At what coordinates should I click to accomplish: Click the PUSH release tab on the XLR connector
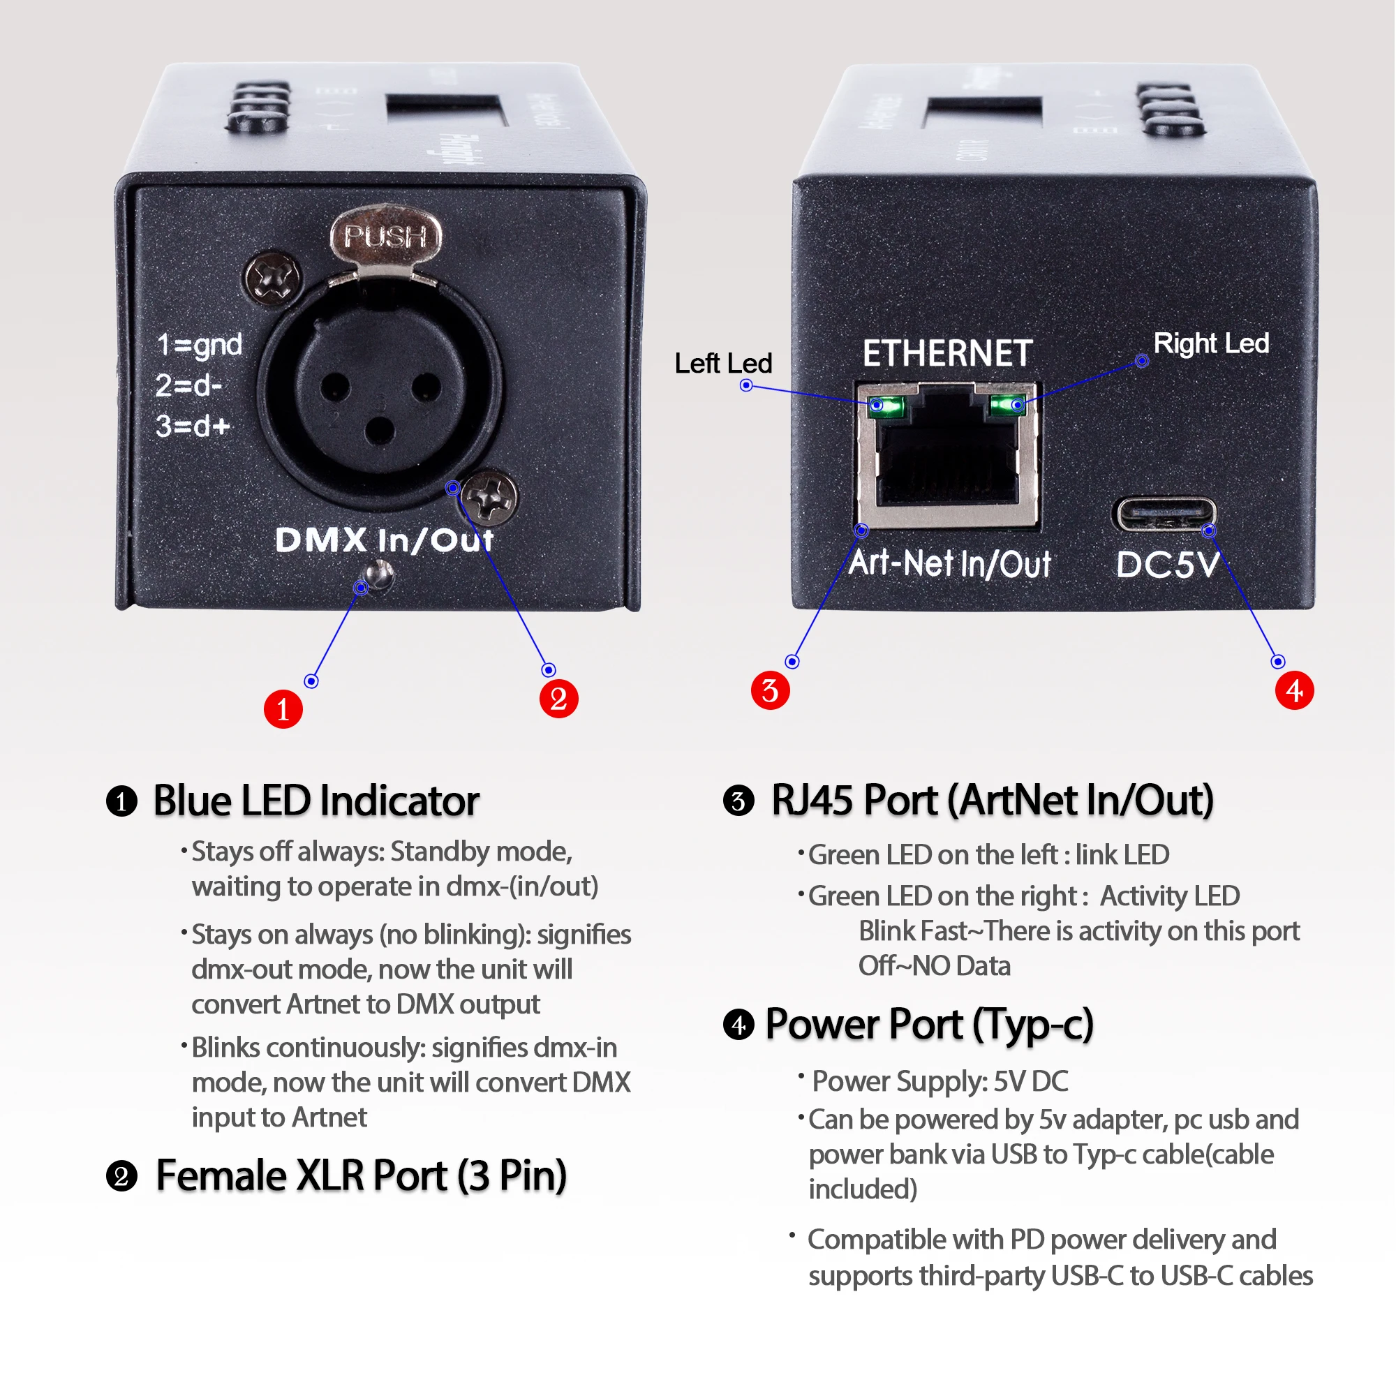[385, 237]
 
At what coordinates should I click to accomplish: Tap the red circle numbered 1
[283, 709]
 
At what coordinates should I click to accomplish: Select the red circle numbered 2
[559, 699]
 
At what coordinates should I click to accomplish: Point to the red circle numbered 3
[771, 690]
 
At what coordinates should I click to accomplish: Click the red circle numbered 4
[1295, 690]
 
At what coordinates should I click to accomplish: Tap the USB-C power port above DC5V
[1164, 514]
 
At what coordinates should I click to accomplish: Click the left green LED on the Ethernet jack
[886, 406]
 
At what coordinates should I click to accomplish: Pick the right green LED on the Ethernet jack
[1007, 405]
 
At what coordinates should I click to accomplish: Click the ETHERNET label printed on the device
[948, 354]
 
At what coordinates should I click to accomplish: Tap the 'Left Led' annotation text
[723, 364]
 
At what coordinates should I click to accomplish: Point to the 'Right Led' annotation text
[1212, 344]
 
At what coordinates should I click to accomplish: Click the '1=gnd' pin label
[200, 346]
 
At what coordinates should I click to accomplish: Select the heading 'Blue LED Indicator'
[316, 801]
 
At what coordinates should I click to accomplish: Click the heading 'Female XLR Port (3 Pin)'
[362, 1176]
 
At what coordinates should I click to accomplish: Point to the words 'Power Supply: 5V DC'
[940, 1082]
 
